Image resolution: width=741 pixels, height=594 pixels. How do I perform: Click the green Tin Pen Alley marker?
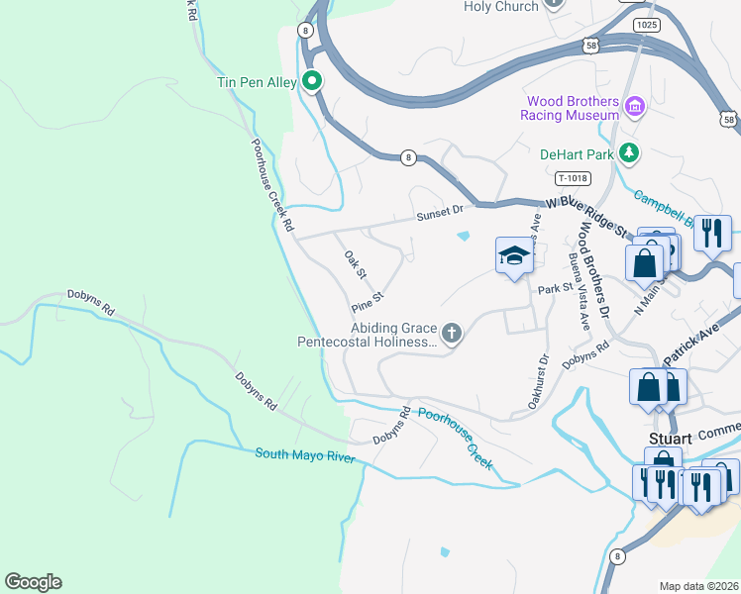(312, 82)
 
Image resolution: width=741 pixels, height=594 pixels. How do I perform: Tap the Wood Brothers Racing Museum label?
(573, 108)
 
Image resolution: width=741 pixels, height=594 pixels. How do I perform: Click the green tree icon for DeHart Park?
(627, 152)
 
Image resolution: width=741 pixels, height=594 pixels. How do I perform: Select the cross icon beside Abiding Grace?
(452, 333)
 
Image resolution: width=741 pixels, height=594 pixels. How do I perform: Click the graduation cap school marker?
(514, 257)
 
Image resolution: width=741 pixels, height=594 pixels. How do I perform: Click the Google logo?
(33, 582)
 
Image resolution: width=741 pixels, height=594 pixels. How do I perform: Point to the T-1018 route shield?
(573, 178)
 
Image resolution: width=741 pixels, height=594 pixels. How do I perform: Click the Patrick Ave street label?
(704, 337)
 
